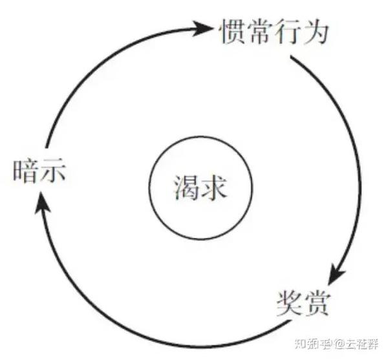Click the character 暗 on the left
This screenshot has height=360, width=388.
(25, 172)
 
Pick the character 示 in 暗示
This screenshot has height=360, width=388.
(54, 172)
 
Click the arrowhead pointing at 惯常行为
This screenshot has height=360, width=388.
(205, 28)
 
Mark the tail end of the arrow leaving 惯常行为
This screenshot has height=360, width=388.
(292, 58)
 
